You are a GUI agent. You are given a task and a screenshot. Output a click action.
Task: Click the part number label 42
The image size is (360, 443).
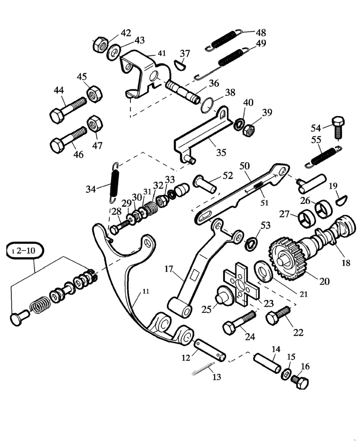(126, 33)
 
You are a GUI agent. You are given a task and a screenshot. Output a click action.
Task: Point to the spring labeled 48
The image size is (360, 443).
(226, 38)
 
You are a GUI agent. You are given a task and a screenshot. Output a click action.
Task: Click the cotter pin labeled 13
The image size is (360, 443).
(203, 369)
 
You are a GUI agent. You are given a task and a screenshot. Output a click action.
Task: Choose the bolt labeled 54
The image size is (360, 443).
(338, 126)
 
